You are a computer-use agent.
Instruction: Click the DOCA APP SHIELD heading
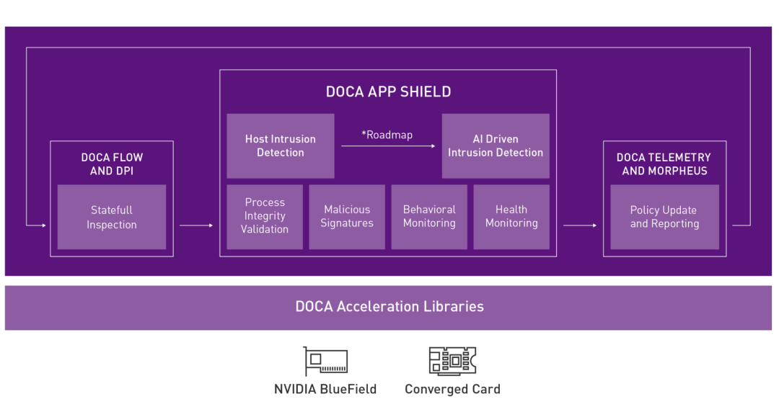pos(388,91)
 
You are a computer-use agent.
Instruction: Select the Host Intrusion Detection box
pos(281,146)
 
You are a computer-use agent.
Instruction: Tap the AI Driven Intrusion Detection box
pos(496,146)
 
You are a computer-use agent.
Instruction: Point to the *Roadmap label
pos(387,135)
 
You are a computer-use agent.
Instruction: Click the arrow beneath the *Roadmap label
pos(388,146)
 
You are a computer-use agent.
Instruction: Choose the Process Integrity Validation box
pos(265,217)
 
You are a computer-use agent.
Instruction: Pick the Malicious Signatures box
pos(347,217)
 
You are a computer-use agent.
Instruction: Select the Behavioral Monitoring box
pos(429,217)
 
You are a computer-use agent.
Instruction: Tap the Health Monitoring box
pos(511,217)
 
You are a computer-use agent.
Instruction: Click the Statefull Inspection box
pos(112,217)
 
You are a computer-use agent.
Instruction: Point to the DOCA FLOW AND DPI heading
pos(112,164)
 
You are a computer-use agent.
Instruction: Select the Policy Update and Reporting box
pos(665,217)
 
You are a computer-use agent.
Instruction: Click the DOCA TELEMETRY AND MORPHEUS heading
pos(665,164)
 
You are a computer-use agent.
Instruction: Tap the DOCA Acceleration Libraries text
pos(389,307)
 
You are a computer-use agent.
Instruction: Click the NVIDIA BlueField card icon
pos(326,362)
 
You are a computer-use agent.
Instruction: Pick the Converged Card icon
pos(452,361)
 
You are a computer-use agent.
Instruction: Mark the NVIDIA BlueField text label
pos(325,389)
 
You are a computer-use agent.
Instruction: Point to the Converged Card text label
pos(452,389)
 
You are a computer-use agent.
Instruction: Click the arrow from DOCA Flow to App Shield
pos(196,225)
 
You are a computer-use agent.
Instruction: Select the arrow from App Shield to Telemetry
pos(580,225)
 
